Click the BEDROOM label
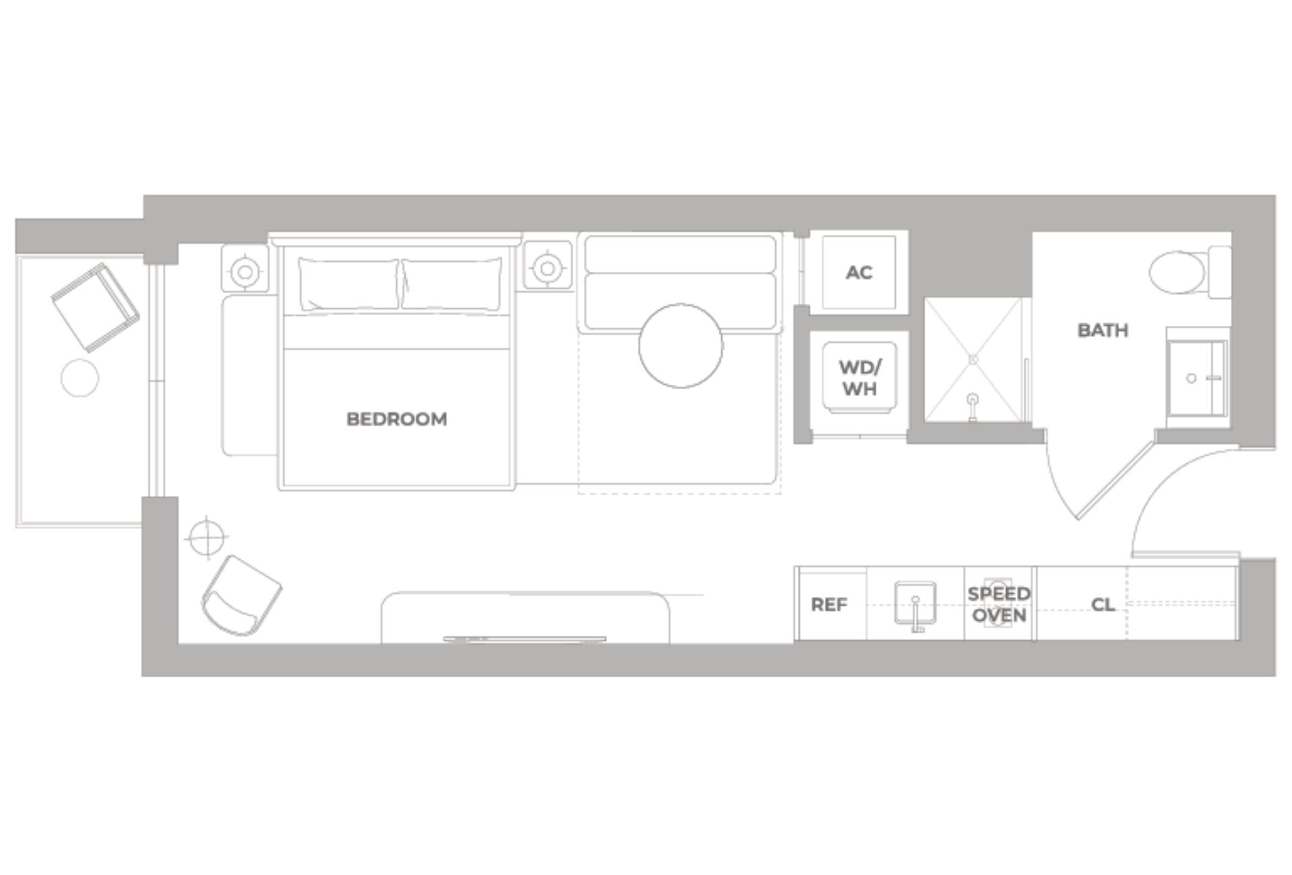click(x=396, y=419)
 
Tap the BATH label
click(x=1102, y=330)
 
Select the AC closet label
click(x=859, y=273)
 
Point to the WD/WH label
click(x=859, y=378)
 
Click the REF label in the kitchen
click(x=828, y=604)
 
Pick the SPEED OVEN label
click(x=999, y=604)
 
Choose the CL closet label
click(x=1102, y=604)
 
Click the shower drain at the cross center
click(x=973, y=360)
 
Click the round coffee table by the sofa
click(x=680, y=345)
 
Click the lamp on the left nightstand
click(x=246, y=272)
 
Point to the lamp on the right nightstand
click(x=547, y=269)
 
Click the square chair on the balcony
click(x=96, y=307)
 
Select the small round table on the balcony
click(x=79, y=378)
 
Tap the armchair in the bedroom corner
click(x=241, y=596)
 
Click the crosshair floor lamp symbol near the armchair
click(x=207, y=537)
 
